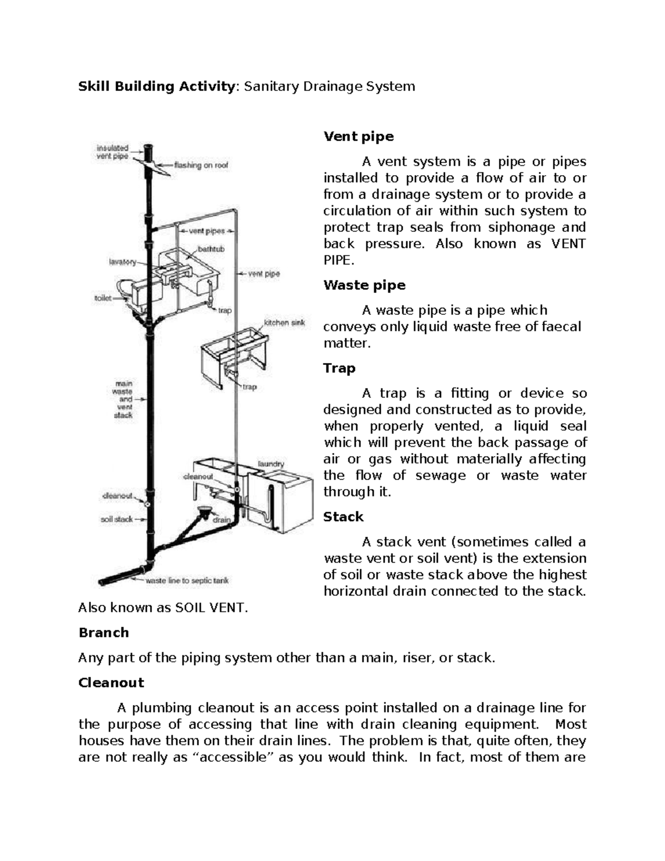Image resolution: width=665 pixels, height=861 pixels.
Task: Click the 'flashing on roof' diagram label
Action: (201, 165)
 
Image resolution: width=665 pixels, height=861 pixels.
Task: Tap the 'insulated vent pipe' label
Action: (112, 152)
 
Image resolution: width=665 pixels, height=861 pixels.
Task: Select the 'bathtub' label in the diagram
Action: (211, 249)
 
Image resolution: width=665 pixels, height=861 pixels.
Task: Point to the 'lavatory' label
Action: (122, 262)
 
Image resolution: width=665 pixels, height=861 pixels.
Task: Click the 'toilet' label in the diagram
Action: (103, 298)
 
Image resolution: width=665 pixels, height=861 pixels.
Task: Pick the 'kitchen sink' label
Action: (284, 323)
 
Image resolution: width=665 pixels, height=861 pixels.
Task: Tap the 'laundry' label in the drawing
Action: (271, 463)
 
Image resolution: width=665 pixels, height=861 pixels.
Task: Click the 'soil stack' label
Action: (116, 519)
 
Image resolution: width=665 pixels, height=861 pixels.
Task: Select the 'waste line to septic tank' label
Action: (187, 581)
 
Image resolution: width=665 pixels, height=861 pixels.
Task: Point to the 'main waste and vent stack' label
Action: (124, 399)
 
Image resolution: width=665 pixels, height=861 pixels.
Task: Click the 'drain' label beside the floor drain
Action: (222, 520)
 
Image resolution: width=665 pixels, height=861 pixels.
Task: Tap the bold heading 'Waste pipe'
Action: (364, 285)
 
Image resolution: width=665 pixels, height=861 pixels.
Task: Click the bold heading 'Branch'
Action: (104, 633)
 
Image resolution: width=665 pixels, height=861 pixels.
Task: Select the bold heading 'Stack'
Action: (343, 517)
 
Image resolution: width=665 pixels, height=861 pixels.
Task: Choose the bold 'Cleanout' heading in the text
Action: (111, 682)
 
